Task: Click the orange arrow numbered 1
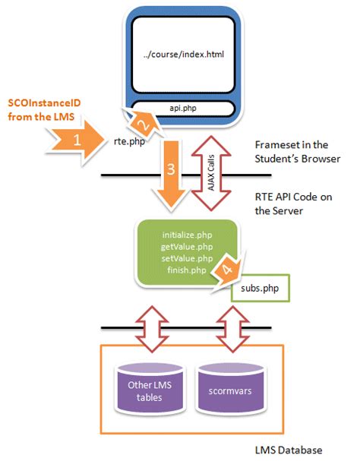(76, 141)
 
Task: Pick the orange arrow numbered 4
(226, 268)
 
